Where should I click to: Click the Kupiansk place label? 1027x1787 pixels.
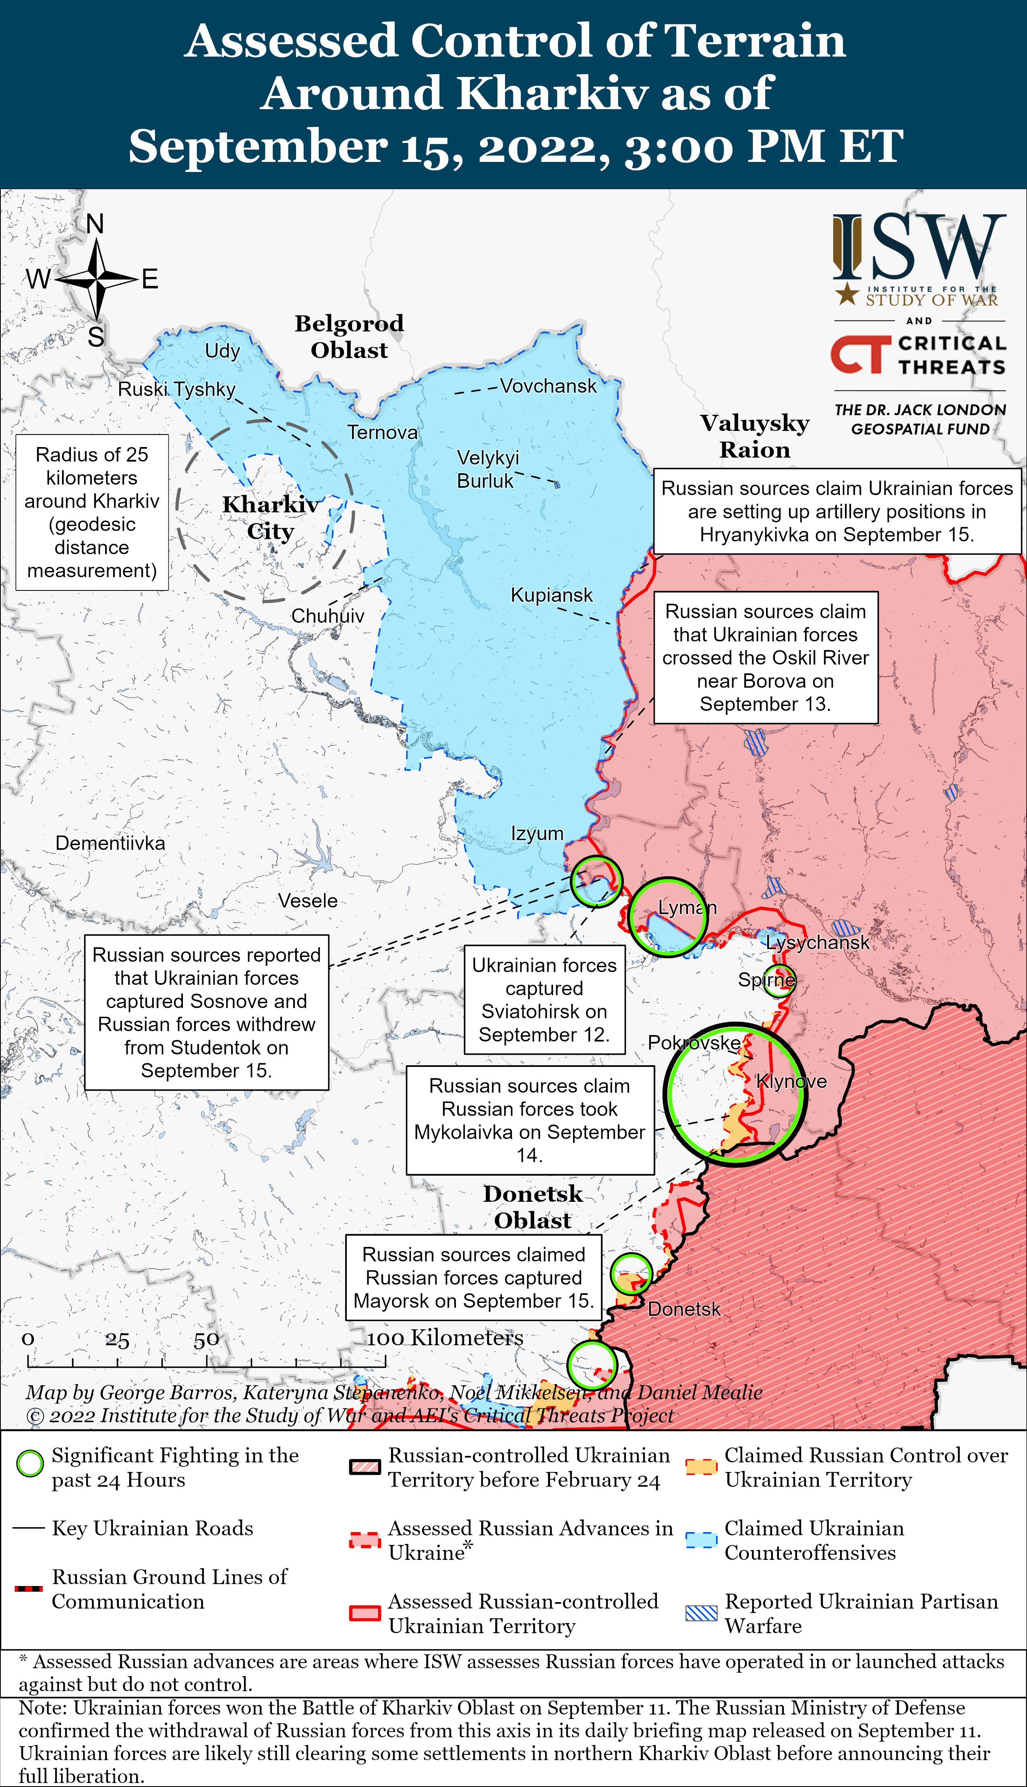(552, 595)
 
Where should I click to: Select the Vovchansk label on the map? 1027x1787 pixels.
(548, 387)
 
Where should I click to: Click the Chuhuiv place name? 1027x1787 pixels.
(327, 616)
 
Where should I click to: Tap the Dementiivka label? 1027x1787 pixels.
(110, 843)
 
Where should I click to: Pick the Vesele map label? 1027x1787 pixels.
(308, 901)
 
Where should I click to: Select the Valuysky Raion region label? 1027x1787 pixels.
(755, 436)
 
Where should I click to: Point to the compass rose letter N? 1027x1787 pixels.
(95, 224)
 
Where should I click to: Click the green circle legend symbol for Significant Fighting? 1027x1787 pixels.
(30, 1463)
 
